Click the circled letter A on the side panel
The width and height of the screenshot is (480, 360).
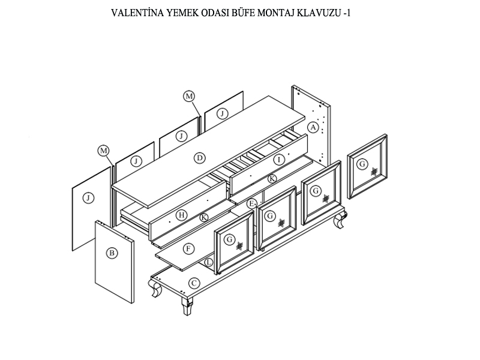[312, 127]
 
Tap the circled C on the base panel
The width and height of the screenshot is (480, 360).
[194, 283]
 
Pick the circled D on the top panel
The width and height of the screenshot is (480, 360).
[200, 158]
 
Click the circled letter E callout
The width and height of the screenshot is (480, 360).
[252, 203]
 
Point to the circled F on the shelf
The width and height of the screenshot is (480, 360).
[188, 248]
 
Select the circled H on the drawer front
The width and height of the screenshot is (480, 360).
[182, 214]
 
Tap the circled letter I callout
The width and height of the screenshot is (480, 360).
[278, 160]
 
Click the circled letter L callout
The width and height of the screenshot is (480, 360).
[208, 263]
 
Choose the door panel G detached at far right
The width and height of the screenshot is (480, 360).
[367, 166]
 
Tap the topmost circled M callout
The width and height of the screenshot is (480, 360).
[189, 96]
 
